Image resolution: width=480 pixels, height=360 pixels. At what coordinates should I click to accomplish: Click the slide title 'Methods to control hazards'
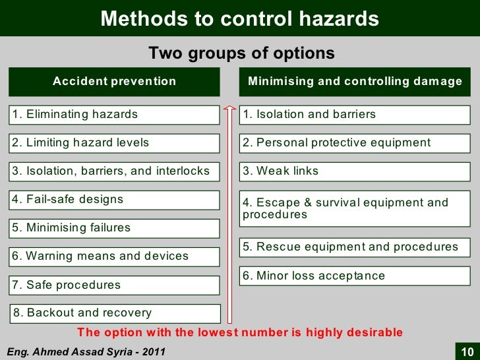[x=239, y=18]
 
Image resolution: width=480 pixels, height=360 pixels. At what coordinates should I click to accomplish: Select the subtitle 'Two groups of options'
[x=241, y=53]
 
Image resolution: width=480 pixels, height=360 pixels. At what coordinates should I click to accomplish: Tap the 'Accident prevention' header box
[x=114, y=81]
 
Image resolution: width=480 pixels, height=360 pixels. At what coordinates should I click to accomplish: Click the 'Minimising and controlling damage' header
[x=355, y=81]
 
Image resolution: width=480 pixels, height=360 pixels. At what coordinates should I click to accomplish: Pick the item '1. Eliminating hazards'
[x=114, y=115]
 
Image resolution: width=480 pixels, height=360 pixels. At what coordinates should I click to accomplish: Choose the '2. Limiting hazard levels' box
[x=114, y=143]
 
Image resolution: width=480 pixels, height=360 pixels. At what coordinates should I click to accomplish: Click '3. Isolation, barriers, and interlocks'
[x=114, y=171]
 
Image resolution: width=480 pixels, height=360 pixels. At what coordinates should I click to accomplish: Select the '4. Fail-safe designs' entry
[x=114, y=199]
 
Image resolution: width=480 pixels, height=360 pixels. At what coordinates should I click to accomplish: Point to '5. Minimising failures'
[x=114, y=228]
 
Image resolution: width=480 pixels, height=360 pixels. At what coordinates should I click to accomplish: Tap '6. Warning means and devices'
[x=114, y=256]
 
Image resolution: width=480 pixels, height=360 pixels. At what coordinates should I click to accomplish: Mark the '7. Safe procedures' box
[x=114, y=285]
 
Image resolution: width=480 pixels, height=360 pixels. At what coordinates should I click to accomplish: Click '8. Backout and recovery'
[x=114, y=313]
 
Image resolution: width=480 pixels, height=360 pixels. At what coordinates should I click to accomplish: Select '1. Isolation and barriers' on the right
[x=355, y=115]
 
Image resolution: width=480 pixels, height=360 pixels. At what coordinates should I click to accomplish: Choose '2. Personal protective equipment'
[x=355, y=143]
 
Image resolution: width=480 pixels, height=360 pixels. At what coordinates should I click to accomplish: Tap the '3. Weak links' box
[x=355, y=171]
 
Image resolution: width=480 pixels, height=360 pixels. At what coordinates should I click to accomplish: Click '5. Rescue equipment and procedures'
[x=355, y=247]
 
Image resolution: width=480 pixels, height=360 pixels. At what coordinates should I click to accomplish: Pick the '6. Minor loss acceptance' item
[x=355, y=276]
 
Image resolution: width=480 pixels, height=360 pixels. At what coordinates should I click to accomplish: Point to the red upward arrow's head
[x=229, y=105]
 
